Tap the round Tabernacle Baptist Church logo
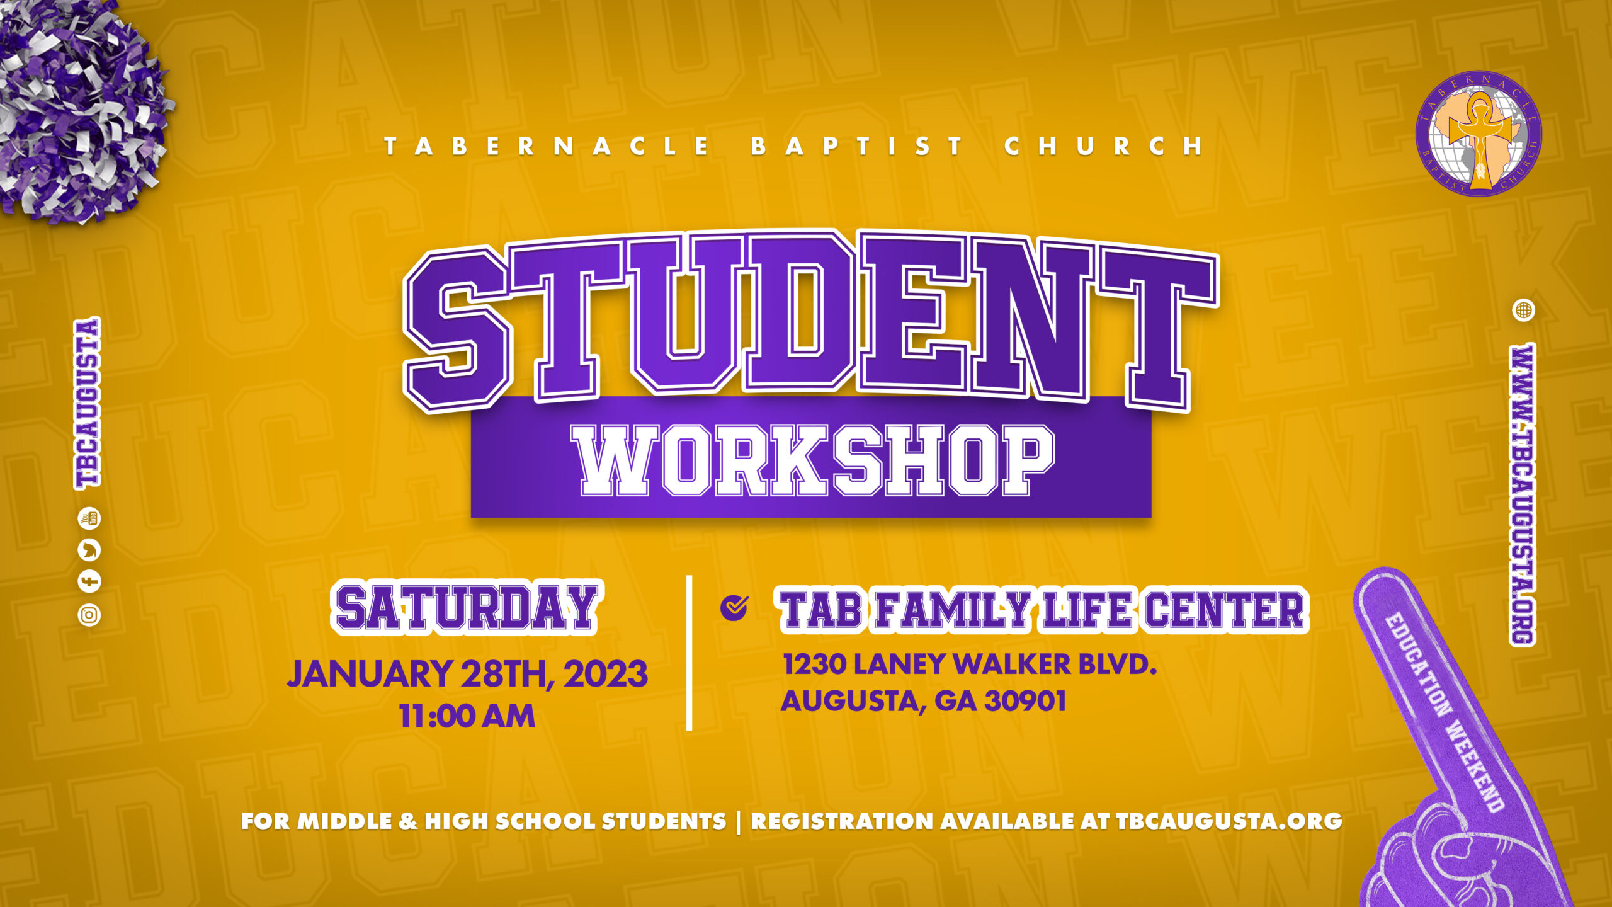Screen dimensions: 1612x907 point(1479,133)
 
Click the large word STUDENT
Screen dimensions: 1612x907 point(811,321)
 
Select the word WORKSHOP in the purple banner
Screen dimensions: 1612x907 point(813,460)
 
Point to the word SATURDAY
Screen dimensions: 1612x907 point(467,607)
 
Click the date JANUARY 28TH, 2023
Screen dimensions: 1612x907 point(467,673)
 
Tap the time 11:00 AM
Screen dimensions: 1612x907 point(467,716)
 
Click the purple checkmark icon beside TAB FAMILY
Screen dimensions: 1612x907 point(734,608)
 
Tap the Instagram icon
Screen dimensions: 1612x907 point(89,615)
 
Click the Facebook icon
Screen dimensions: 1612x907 point(89,581)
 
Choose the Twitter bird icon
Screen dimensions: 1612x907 point(89,550)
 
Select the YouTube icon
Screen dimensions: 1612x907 point(89,518)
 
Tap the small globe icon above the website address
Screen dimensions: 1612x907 point(1524,310)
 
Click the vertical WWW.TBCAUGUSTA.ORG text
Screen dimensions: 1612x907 point(1523,494)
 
